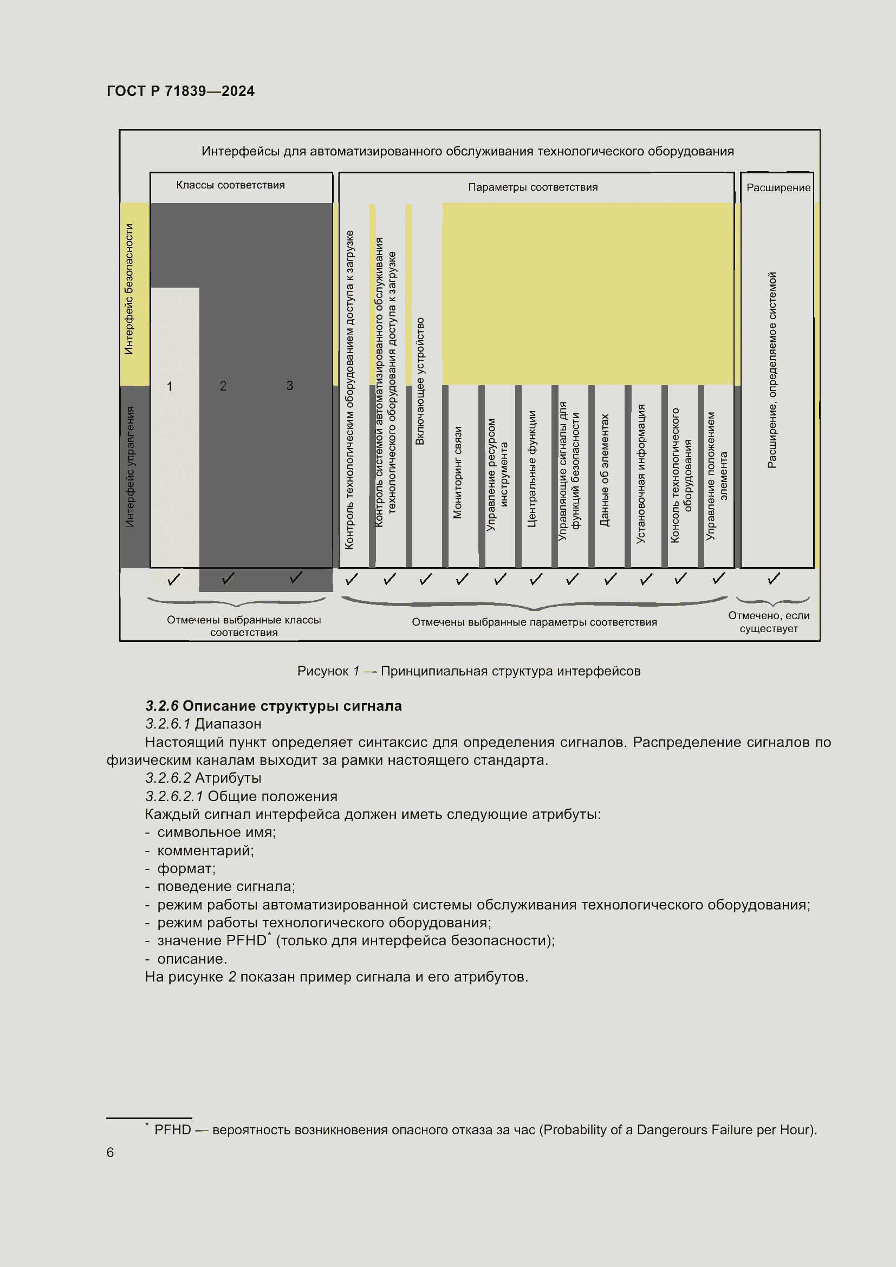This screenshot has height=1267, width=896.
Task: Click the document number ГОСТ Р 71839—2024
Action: click(180, 91)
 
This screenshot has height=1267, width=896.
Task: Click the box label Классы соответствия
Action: click(230, 185)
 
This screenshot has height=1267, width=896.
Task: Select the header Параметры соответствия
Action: click(533, 187)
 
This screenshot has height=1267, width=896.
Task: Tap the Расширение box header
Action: click(778, 188)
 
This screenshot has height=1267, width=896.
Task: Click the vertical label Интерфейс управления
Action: click(129, 467)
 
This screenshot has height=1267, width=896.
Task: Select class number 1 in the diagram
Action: click(170, 387)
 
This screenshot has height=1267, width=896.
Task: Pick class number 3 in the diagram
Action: click(290, 386)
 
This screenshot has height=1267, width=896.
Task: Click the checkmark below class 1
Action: click(173, 580)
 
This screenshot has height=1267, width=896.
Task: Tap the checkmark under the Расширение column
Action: click(774, 579)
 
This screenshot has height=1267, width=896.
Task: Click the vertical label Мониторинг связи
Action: click(457, 472)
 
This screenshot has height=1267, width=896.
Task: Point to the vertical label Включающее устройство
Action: click(420, 381)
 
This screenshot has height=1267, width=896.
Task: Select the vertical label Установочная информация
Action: click(640, 473)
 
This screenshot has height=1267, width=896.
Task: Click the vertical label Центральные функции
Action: click(532, 469)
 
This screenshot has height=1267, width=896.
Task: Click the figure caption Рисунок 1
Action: click(469, 671)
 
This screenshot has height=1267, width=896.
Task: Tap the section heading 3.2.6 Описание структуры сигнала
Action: click(273, 706)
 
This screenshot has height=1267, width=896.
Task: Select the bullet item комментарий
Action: click(205, 850)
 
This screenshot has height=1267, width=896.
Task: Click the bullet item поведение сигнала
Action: click(226, 886)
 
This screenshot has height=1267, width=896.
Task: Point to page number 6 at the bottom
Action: click(111, 1152)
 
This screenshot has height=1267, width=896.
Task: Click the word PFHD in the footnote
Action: click(172, 1129)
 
